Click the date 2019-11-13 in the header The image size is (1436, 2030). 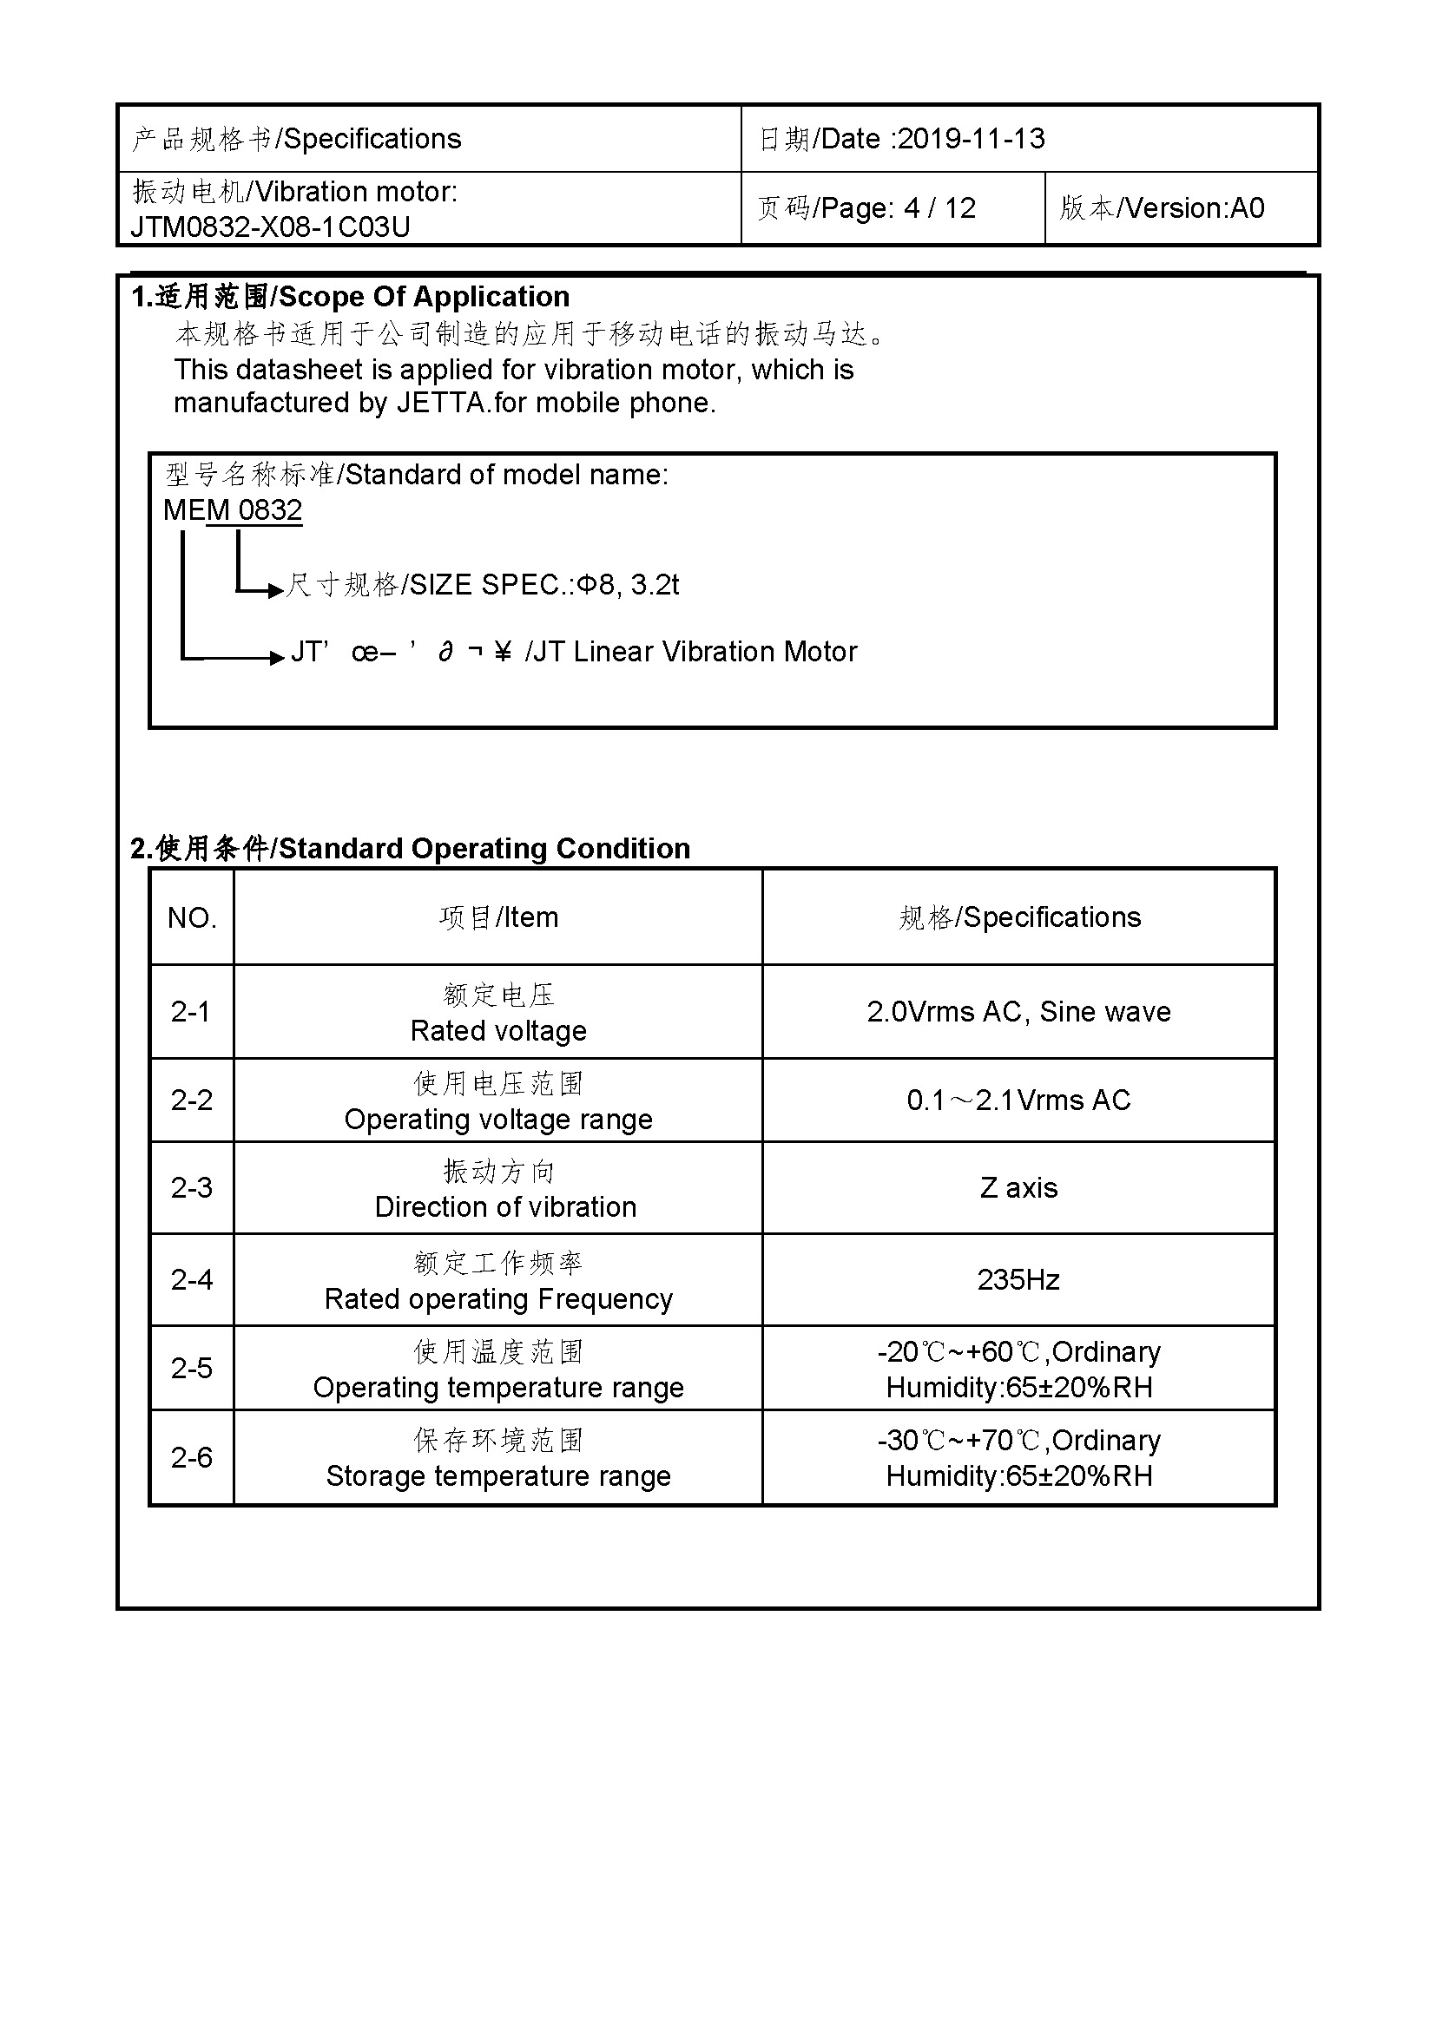[x=972, y=139]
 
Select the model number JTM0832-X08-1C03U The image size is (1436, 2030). [x=271, y=227]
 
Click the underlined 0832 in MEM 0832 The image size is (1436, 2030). [x=270, y=510]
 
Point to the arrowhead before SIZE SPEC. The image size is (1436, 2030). [x=275, y=589]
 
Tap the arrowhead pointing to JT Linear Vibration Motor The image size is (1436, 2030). [x=277, y=657]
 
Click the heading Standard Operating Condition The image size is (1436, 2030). [x=484, y=849]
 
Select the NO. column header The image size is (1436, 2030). [x=192, y=917]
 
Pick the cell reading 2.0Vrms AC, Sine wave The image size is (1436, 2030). [x=1018, y=1011]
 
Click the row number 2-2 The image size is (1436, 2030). [x=192, y=1100]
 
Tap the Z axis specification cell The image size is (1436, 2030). [x=1018, y=1188]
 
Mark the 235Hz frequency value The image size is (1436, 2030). [x=1018, y=1280]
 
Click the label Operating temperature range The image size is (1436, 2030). [x=498, y=1388]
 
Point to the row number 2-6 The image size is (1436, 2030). [x=192, y=1458]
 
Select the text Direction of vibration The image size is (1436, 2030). [x=506, y=1208]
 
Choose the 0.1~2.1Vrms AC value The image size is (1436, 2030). [x=1018, y=1100]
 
